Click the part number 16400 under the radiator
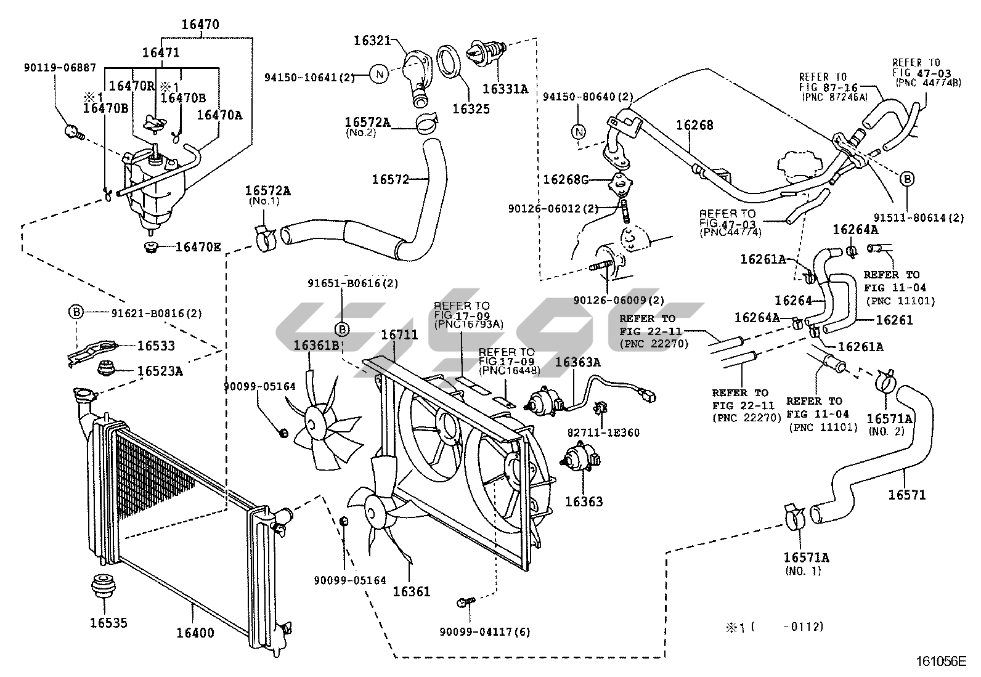(x=195, y=633)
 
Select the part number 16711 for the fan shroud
(x=399, y=336)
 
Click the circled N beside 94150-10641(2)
(x=380, y=76)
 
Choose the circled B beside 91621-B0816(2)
(x=75, y=312)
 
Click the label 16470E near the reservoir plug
(x=198, y=247)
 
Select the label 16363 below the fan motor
(x=584, y=501)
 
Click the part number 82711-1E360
(x=604, y=432)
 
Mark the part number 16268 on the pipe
(x=694, y=125)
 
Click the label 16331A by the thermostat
(x=505, y=89)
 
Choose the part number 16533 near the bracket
(x=156, y=346)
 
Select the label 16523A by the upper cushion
(x=160, y=371)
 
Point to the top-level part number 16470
(x=200, y=25)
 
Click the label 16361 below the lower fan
(x=412, y=591)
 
